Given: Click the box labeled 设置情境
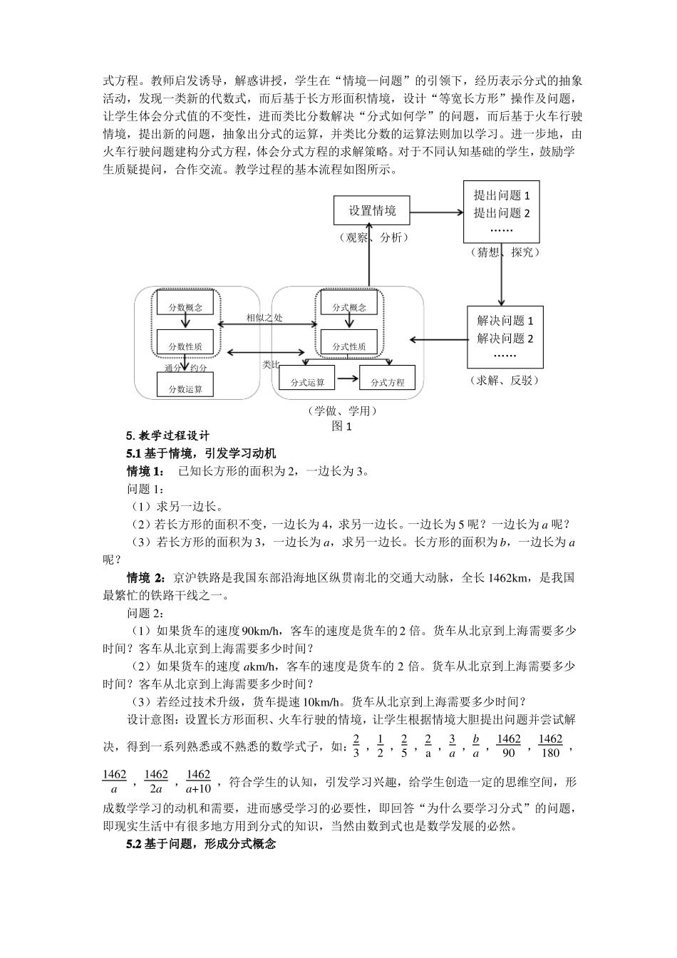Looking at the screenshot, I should coord(372,211).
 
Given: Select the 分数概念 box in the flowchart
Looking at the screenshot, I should coord(185,307).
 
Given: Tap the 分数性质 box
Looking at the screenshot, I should coord(185,346).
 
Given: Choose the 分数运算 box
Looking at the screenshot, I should coord(185,388).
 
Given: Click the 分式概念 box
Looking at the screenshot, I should coord(349,307).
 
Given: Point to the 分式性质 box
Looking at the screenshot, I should coord(349,346).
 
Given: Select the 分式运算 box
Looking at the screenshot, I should coord(308,382).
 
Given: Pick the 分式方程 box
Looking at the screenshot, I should coord(388,382).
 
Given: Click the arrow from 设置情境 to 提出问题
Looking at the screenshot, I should coord(436,212).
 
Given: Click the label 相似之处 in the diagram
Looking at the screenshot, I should coord(264,318).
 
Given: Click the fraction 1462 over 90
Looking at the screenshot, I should coord(508,746).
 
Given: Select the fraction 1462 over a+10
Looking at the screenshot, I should coord(198,781).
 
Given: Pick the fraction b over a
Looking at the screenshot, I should coord(475,746).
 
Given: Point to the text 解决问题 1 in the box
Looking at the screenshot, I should coord(505,321).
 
